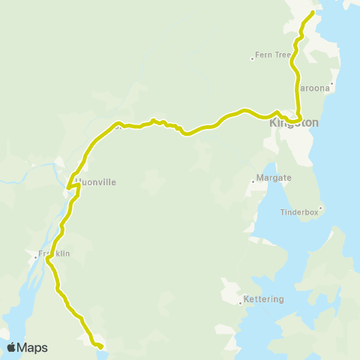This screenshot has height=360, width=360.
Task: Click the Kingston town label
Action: pos(294,122)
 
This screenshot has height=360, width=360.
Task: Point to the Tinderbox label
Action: pos(300,211)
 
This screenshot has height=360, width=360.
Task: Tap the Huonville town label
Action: pos(96,181)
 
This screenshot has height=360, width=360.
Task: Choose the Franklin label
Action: pos(54,253)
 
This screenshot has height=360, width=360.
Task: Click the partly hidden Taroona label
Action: pos(315,88)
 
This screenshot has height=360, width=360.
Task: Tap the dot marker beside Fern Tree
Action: pos(253,58)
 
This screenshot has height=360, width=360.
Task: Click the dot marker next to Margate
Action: pos(253,181)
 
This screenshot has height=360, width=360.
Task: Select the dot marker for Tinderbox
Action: pos(320,208)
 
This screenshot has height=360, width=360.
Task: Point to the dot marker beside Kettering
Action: pos(240,303)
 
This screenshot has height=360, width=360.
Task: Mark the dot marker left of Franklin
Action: pos(35,257)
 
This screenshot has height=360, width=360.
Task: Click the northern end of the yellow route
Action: pos(312,12)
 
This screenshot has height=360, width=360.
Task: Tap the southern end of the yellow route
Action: pos(100,346)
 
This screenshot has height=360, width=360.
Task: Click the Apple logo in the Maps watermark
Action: pos(11,347)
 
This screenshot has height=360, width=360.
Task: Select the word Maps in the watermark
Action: pos(32,347)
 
